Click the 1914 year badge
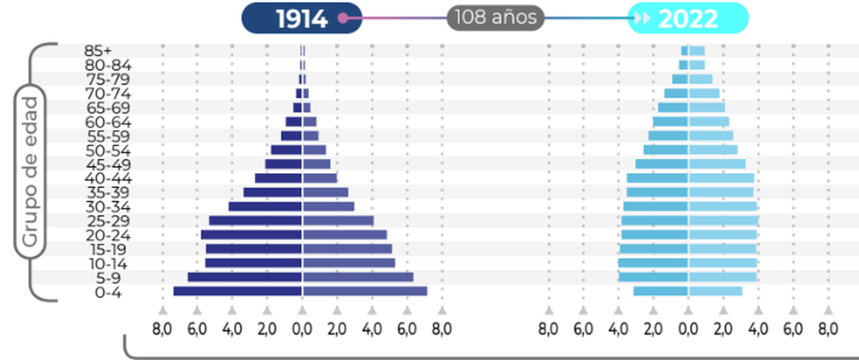(301, 19)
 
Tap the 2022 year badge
(688, 19)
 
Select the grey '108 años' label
(495, 18)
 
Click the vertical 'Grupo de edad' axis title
(29, 172)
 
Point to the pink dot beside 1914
(343, 19)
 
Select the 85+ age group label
(97, 51)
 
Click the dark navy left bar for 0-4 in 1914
(237, 291)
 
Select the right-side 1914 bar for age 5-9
(358, 277)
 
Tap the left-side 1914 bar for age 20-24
(251, 235)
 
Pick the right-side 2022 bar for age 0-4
(715, 291)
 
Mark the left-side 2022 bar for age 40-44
(657, 178)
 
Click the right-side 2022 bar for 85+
(697, 51)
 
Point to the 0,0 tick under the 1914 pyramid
(302, 329)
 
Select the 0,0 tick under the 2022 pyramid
(688, 329)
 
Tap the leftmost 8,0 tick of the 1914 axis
(162, 329)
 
